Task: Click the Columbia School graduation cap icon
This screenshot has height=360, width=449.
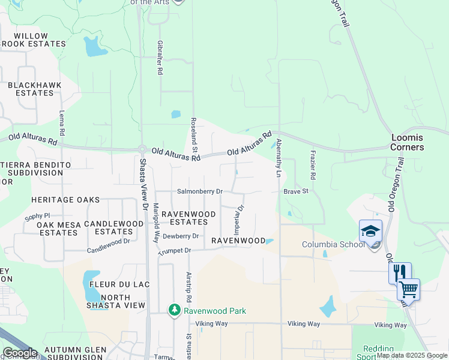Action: pos(370,230)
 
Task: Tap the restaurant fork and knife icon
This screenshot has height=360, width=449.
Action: pos(400,273)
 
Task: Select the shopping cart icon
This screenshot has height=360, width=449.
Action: pos(408,289)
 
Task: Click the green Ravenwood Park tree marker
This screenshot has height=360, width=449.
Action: pos(175,310)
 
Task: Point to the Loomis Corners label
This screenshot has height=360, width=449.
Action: pos(407,142)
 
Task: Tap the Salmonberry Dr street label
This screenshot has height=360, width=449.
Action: pos(200,191)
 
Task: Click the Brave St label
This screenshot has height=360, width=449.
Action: pos(295,191)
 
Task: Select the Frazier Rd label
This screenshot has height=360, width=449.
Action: pos(313,166)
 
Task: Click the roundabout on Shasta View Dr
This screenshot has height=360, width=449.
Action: pos(142,149)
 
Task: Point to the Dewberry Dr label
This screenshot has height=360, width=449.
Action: pos(181,236)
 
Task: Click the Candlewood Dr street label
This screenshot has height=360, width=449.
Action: pos(109,245)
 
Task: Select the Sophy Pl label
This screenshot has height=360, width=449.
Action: pos(37,215)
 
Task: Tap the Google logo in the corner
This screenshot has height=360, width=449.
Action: pos(20,353)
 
